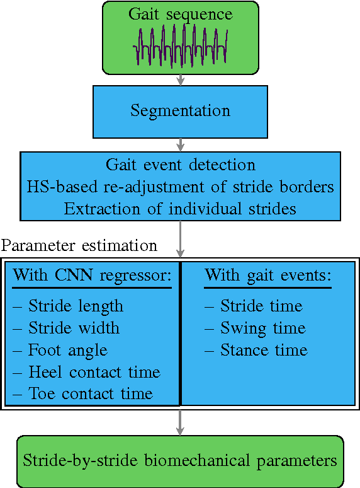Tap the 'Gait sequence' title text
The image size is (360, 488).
coord(180,14)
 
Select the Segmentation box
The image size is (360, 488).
coord(180,111)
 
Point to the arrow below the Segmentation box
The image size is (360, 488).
coord(181,144)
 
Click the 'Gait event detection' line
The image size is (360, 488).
coord(180,165)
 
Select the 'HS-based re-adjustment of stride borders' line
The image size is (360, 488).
coord(180,187)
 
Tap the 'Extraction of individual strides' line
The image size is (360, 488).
coord(180,208)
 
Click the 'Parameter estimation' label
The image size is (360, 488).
coord(79,245)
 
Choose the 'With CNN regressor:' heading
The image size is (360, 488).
coord(93,276)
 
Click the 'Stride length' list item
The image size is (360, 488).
coord(68,306)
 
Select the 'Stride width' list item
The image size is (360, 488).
coord(65,328)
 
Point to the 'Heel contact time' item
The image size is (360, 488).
coord(86,372)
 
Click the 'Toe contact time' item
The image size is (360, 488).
coord(82,394)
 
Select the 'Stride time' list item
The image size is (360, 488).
coord(254,306)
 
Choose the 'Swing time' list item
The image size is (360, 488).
coord(255,328)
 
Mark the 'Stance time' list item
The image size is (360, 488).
coord(256,350)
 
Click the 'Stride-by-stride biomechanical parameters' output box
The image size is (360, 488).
coord(180,460)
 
